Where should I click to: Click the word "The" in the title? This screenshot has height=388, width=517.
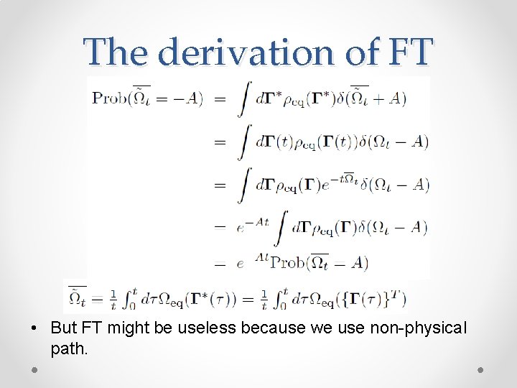coord(117,51)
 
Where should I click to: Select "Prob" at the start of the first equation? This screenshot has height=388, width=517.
coord(108,98)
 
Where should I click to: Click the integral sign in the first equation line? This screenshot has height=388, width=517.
coord(244,98)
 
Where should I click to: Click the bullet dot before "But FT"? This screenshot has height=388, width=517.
coord(34,329)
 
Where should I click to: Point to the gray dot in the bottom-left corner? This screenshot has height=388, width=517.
coord(34,369)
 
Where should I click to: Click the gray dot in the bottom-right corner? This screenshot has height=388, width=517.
coord(480,369)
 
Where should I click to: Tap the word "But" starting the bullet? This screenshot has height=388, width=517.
coord(63,328)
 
